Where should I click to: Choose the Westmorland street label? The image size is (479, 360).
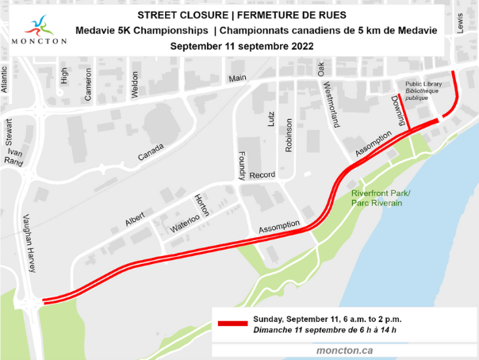[332, 105]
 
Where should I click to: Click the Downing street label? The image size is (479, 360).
[398, 109]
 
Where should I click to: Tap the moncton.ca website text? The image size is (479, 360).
[345, 350]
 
